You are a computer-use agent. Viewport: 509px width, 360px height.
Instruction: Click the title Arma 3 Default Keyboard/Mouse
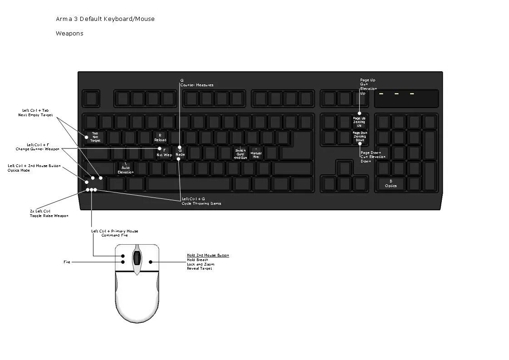(105, 19)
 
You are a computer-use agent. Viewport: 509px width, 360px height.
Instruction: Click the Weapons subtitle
(69, 34)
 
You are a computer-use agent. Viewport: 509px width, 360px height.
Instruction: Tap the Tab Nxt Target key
(95, 137)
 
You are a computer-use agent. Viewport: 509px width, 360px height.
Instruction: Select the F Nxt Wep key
(164, 153)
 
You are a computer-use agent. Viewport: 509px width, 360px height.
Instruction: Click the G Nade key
(180, 153)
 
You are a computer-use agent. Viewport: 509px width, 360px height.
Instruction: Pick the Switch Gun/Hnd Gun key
(240, 153)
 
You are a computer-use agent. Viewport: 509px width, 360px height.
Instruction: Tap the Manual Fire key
(256, 153)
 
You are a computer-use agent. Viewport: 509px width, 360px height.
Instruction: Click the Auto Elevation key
(126, 169)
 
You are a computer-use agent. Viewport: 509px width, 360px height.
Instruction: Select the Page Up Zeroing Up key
(359, 122)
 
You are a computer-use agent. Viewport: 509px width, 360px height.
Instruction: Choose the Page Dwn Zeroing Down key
(360, 137)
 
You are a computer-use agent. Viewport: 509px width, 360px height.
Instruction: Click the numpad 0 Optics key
(391, 184)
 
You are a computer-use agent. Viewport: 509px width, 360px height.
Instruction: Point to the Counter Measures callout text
(196, 85)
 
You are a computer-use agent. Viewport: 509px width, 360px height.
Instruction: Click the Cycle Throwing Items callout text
(201, 203)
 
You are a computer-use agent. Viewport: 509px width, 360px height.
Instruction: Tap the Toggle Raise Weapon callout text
(49, 216)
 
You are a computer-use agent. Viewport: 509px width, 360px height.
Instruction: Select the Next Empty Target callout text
(35, 115)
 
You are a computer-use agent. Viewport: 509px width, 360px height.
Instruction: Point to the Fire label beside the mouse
(67, 262)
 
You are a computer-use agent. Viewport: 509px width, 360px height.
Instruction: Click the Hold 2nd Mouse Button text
(208, 256)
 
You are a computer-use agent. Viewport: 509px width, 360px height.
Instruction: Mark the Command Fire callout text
(114, 235)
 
